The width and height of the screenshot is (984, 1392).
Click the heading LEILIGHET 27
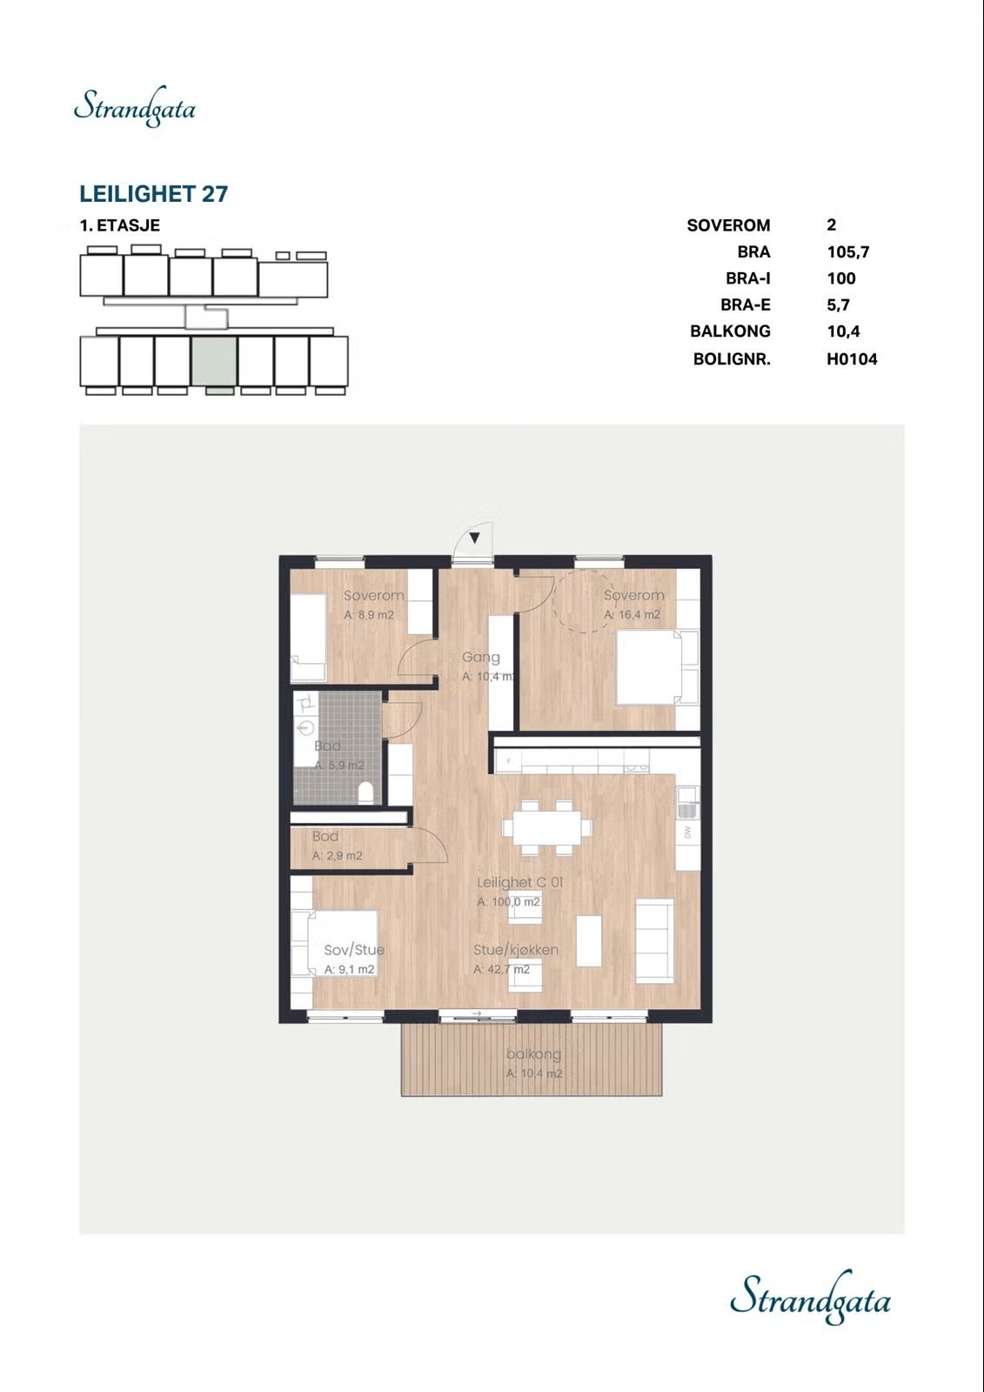point(154,194)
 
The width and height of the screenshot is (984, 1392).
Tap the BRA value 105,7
point(847,252)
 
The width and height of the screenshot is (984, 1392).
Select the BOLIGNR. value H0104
point(851,358)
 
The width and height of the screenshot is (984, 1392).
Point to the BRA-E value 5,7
point(838,304)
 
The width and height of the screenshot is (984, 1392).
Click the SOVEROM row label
point(728,225)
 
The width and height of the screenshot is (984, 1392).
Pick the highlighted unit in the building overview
point(214,361)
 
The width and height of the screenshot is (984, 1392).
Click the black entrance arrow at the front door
point(474,538)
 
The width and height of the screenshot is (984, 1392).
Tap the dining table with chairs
point(545,826)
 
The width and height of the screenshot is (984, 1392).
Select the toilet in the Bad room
point(367,792)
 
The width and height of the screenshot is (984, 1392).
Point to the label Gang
point(480,658)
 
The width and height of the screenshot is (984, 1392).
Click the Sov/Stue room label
point(354,950)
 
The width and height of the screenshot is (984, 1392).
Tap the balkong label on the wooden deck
point(533,1054)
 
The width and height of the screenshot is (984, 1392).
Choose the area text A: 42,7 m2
point(501,969)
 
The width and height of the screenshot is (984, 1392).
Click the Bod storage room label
point(325,836)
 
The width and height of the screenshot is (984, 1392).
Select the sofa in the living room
point(654,940)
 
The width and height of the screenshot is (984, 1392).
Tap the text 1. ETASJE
point(120,225)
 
